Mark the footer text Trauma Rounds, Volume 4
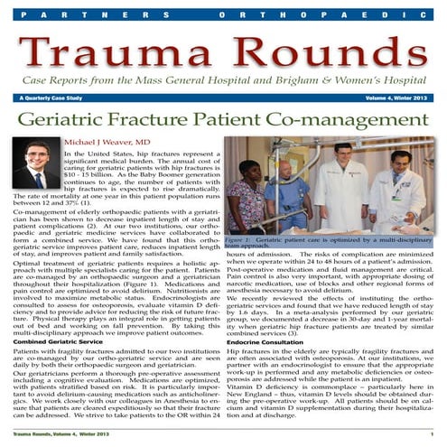[x=43, y=437]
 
